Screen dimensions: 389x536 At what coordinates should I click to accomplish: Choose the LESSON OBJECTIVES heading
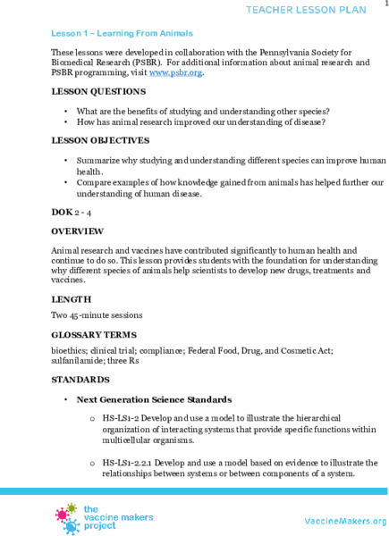click(100, 140)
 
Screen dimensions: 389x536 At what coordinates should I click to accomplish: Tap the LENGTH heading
click(71, 297)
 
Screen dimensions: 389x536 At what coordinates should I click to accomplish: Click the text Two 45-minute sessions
click(96, 314)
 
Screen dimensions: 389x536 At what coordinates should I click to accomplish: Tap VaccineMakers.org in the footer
click(344, 521)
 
